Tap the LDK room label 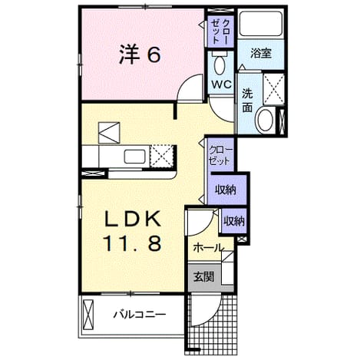(x=133, y=219)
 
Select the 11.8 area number (x=132, y=243)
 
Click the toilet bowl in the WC (x=220, y=66)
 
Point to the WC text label (x=221, y=84)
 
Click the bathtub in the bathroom (x=261, y=24)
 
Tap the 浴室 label (x=261, y=53)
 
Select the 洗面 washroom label (x=247, y=101)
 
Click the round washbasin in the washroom (x=266, y=121)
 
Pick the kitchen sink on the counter (x=134, y=157)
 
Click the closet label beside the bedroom (x=220, y=31)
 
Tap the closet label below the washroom (x=220, y=155)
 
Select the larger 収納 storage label (x=226, y=190)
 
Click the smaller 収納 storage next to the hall (x=234, y=221)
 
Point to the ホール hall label (x=208, y=248)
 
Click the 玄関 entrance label (x=203, y=276)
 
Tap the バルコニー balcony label (x=140, y=314)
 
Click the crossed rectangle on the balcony (x=88, y=315)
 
